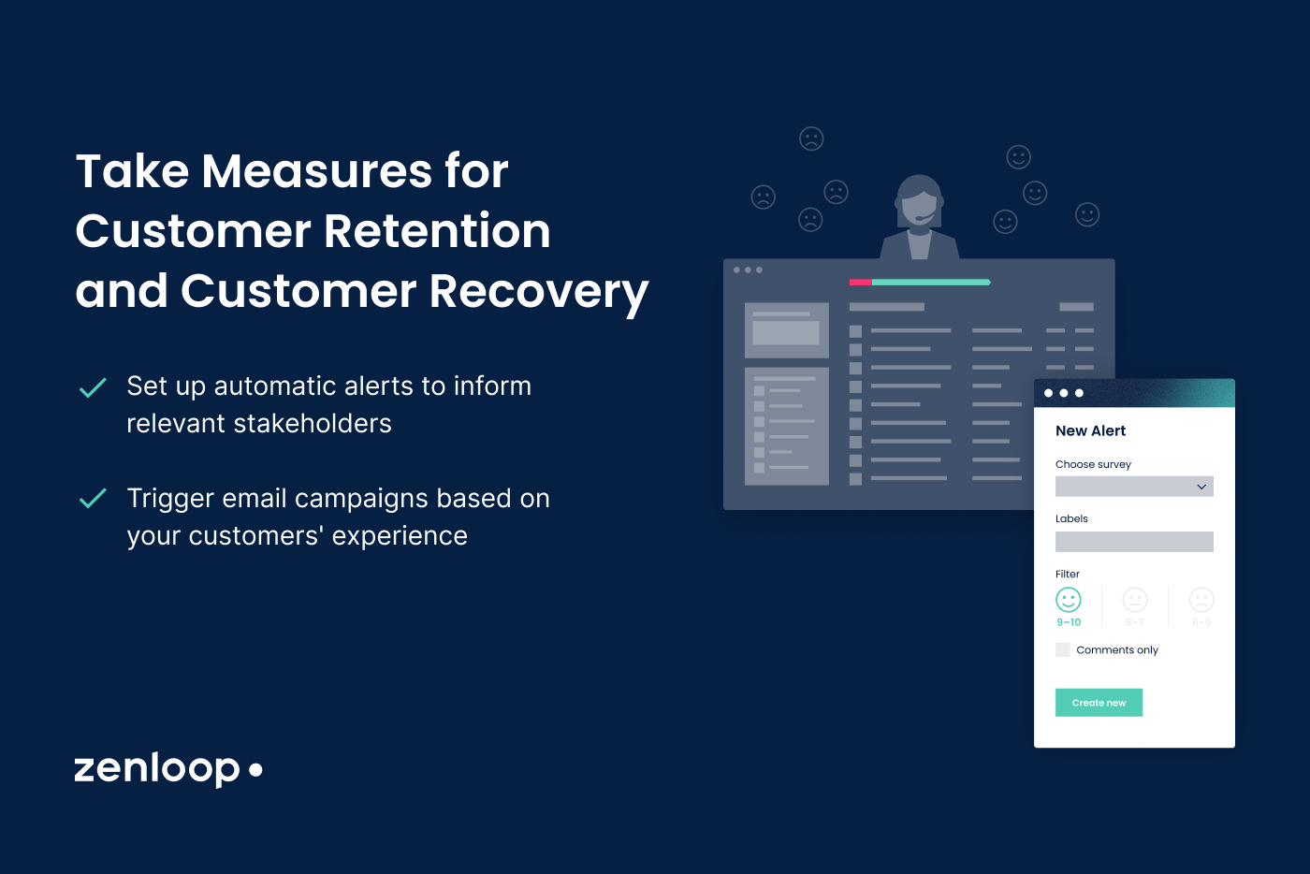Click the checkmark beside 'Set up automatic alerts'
pyautogui.click(x=93, y=387)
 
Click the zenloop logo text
pyautogui.click(x=156, y=768)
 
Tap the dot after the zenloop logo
pyautogui.click(x=255, y=769)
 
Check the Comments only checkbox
pyautogui.click(x=1063, y=649)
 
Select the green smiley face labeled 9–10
pyautogui.click(x=1068, y=600)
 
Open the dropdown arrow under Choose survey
pyautogui.click(x=1201, y=487)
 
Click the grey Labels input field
pyautogui.click(x=1134, y=542)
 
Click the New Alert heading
pyautogui.click(x=1090, y=430)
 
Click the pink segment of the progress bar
pyautogui.click(x=860, y=282)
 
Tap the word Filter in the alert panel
pyautogui.click(x=1068, y=574)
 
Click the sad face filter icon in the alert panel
pyautogui.click(x=1201, y=600)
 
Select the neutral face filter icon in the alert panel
pyautogui.click(x=1135, y=600)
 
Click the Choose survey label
pyautogui.click(x=1093, y=464)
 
